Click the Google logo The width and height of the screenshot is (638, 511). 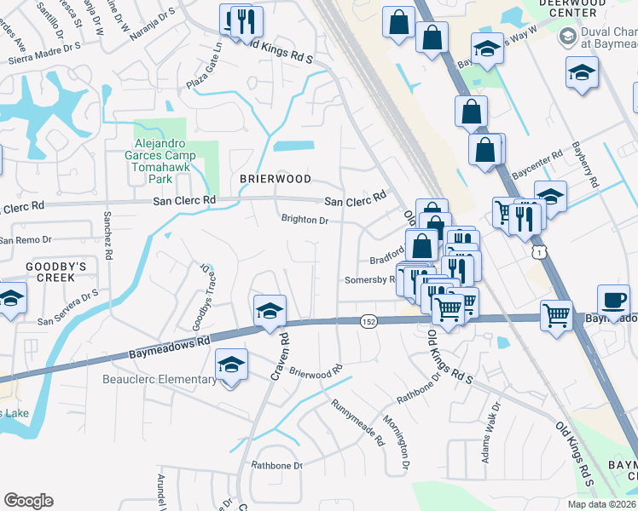28,501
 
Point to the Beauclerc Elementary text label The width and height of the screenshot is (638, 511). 159,380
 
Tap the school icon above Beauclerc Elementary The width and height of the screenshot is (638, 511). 231,365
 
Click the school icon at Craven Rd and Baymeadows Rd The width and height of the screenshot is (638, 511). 270,310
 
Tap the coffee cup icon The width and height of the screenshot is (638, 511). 614,301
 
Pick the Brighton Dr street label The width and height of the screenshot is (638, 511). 305,220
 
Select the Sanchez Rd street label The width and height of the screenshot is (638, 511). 108,241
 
